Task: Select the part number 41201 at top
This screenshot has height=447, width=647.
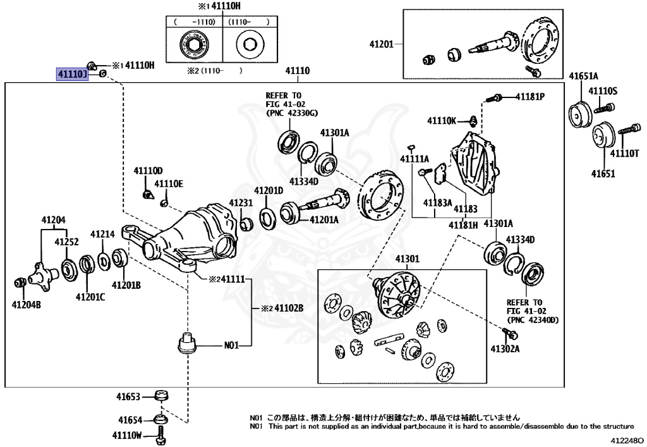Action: pyautogui.click(x=381, y=44)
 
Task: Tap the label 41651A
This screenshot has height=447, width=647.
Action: pyautogui.click(x=585, y=76)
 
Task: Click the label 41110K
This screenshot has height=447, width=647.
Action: pyautogui.click(x=441, y=120)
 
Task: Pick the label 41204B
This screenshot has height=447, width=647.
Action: pyautogui.click(x=27, y=305)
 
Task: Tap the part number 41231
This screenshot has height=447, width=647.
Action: pyautogui.click(x=241, y=203)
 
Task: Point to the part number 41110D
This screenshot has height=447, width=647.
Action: pyautogui.click(x=148, y=171)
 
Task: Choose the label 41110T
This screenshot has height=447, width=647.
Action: pyautogui.click(x=624, y=154)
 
